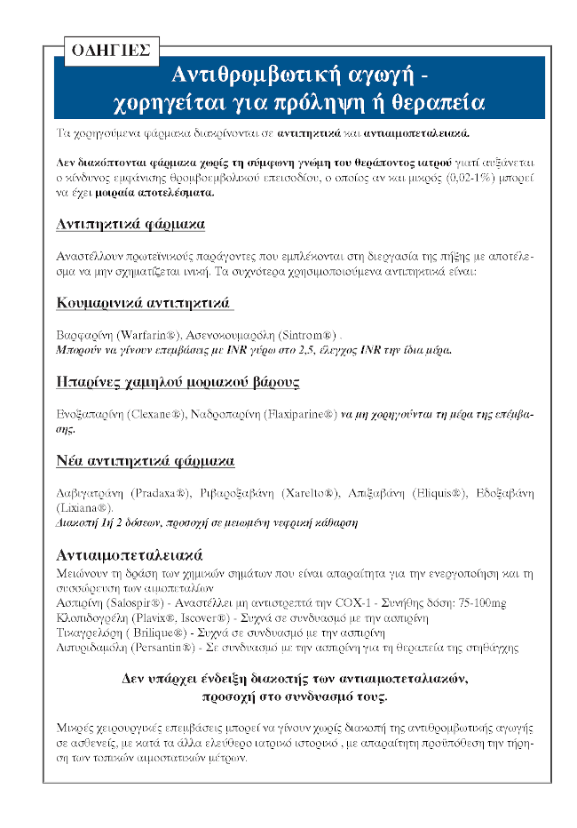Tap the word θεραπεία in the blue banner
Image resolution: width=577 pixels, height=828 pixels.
(x=437, y=102)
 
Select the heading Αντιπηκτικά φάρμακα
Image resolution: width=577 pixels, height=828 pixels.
(x=130, y=223)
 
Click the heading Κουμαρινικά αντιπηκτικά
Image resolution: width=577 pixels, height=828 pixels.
(x=144, y=305)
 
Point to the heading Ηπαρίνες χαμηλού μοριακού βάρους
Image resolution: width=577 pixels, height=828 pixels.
(x=178, y=382)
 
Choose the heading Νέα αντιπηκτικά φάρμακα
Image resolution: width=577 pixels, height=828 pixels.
(x=145, y=461)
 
